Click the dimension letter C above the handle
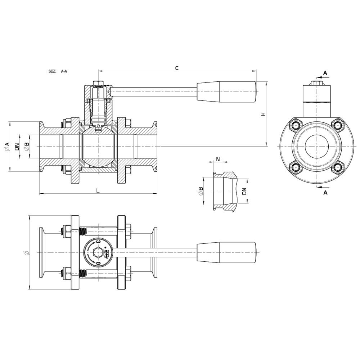176,68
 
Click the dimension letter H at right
263,114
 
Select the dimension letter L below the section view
98,191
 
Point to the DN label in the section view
17,147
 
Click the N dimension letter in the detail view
218,159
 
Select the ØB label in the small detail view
201,191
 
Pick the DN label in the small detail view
244,191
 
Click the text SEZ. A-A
58,72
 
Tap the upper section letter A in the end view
325,73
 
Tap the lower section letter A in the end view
325,193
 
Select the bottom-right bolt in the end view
337,167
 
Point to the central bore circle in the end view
317,147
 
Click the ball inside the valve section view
98,148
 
